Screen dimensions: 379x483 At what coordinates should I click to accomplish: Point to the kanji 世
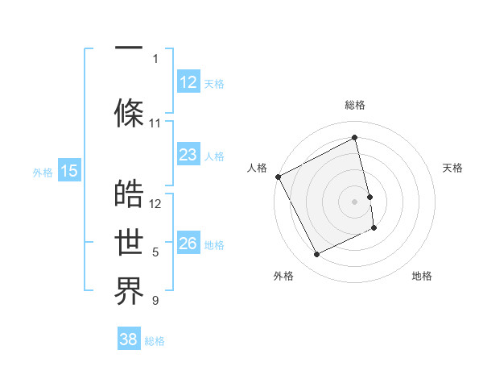[129, 243]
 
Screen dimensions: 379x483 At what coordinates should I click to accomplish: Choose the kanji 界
[129, 291]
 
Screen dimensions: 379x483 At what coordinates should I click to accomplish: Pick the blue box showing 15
[69, 171]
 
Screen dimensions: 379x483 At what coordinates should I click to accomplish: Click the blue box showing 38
[129, 339]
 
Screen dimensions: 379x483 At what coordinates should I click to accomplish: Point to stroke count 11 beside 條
[155, 123]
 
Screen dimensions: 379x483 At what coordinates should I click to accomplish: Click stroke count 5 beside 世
[155, 252]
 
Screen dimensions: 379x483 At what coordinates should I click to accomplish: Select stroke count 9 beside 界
[155, 301]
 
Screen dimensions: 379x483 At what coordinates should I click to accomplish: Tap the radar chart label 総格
[355, 105]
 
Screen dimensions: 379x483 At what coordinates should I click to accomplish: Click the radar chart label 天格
[452, 168]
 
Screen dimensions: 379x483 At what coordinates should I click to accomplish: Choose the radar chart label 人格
[257, 168]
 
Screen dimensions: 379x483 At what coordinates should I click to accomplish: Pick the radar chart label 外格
[283, 276]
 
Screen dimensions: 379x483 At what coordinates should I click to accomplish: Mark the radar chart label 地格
[422, 276]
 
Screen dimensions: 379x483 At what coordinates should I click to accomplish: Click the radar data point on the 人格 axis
[278, 177]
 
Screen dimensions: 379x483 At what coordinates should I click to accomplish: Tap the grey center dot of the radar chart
[355, 201]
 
